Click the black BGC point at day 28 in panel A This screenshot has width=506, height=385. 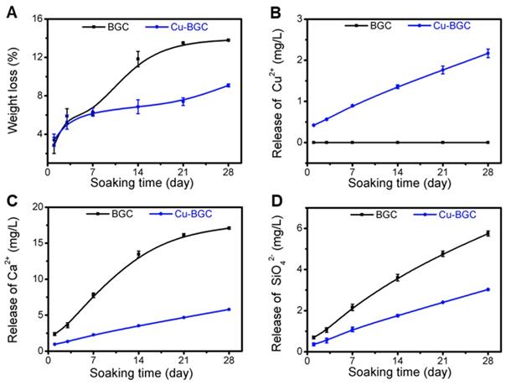coord(228,39)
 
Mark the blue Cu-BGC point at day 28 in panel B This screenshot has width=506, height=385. coord(488,53)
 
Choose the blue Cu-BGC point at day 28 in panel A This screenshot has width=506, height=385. coord(228,86)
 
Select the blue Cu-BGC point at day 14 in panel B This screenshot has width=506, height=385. coord(398,86)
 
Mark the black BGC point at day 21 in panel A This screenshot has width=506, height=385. coord(183,44)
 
